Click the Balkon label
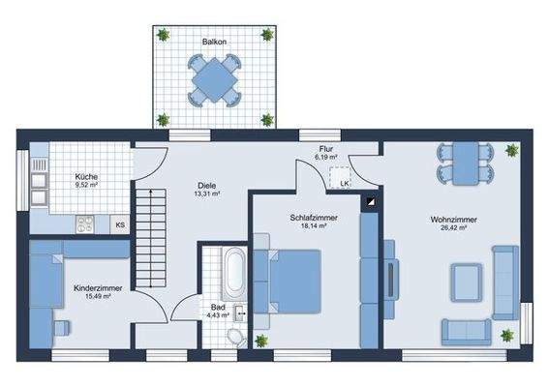[214, 43]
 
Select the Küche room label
[87, 177]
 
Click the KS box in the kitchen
[119, 224]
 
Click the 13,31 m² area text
[207, 193]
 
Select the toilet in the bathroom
[233, 335]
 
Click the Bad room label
[218, 308]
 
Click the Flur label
[325, 148]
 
